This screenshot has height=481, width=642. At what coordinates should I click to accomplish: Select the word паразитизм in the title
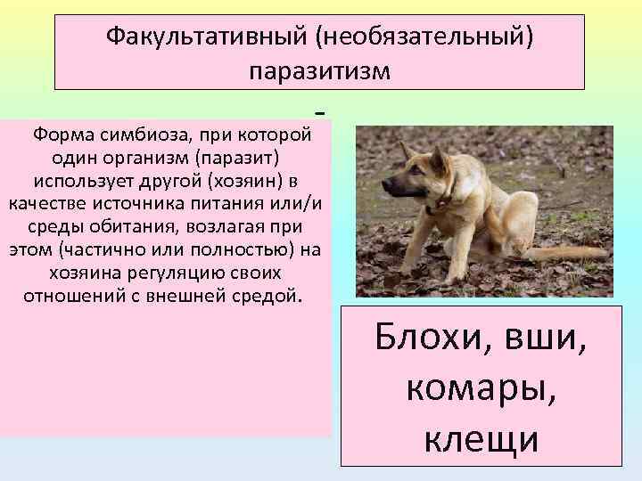click(x=319, y=70)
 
